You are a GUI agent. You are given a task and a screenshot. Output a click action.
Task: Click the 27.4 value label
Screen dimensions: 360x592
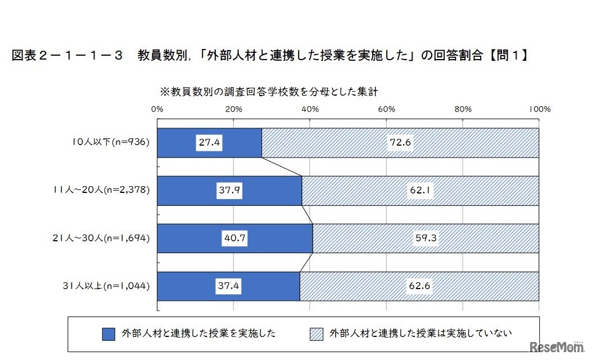click(209, 142)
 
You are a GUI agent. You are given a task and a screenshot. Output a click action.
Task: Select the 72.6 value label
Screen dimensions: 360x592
click(400, 142)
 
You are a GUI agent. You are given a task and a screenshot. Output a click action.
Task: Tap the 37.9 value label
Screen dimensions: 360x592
click(229, 191)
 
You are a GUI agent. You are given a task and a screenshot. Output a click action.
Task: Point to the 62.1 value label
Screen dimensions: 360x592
click(421, 191)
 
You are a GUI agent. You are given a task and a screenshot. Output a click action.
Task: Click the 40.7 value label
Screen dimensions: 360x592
click(235, 238)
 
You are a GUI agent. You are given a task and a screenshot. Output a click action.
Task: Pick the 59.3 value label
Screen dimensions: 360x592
click(426, 238)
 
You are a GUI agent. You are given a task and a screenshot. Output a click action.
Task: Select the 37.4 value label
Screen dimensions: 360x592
click(229, 286)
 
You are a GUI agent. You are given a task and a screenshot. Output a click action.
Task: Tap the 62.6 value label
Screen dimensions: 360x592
click(419, 286)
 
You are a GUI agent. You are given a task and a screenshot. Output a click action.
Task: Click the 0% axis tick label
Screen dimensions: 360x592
click(157, 109)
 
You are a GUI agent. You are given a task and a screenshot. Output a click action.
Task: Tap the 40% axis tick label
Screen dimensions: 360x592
click(310, 109)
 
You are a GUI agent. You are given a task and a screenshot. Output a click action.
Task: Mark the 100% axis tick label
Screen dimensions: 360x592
click(539, 109)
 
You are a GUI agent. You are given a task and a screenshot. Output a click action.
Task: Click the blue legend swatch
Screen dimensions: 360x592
click(108, 334)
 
